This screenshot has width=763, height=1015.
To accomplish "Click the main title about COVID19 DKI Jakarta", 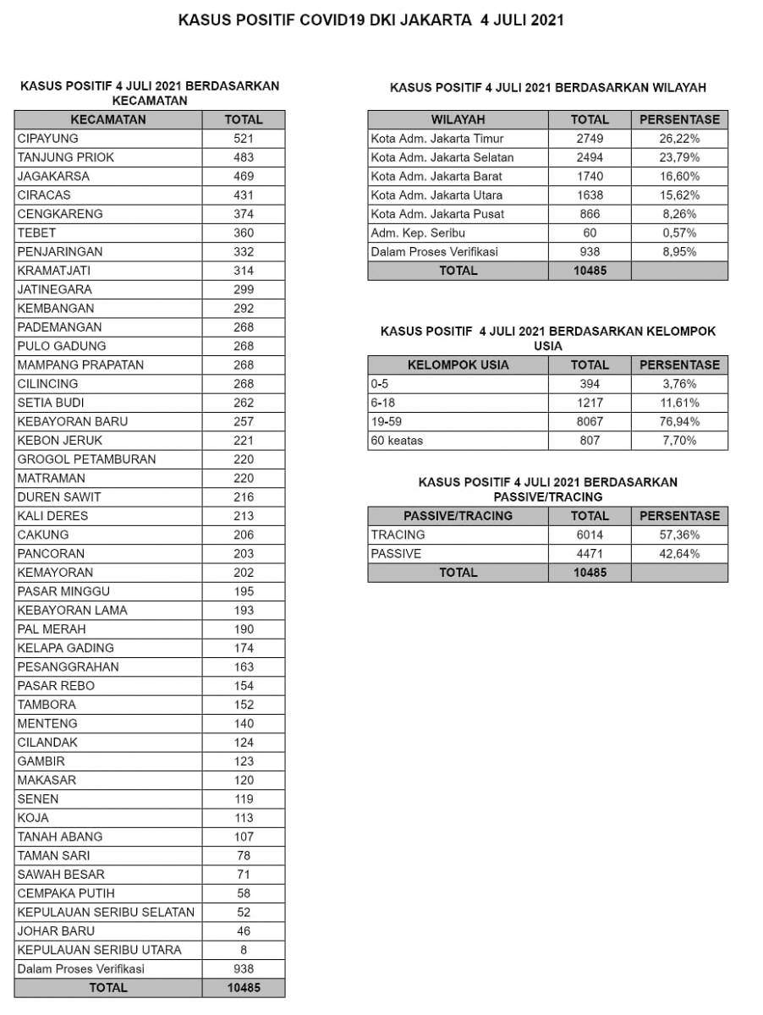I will click(371, 20).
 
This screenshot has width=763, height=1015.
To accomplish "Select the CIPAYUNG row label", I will click(47, 139).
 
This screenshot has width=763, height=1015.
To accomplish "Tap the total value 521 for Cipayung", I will click(244, 139).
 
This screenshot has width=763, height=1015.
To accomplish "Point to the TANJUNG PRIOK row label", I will click(65, 157).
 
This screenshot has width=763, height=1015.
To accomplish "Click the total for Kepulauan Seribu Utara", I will click(244, 950).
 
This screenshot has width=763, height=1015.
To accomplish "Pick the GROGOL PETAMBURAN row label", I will click(86, 459).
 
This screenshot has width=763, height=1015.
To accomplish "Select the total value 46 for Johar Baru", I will click(244, 931).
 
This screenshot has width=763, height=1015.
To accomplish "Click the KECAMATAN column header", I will click(107, 120).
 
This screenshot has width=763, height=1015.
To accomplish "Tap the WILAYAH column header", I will click(458, 120).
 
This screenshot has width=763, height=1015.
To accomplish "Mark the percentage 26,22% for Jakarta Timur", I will click(679, 139).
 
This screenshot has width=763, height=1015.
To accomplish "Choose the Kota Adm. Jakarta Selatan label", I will click(442, 157).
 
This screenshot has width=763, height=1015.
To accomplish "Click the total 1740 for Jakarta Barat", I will click(590, 176).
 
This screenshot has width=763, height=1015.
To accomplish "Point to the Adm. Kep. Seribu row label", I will click(418, 233).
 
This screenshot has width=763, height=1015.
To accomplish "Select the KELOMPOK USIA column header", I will click(458, 365).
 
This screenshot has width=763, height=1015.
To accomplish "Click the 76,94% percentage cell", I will click(679, 421).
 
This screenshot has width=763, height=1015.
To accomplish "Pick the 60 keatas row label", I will click(397, 440).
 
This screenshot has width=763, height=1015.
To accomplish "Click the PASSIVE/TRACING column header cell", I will click(458, 516).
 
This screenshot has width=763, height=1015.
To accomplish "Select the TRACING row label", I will click(398, 535).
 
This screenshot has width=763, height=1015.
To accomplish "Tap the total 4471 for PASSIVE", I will click(590, 554).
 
